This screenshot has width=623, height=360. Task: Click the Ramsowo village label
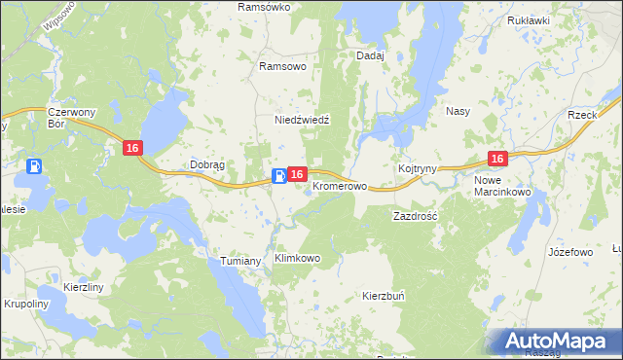click(x=282, y=67)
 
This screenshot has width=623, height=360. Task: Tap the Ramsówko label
click(x=266, y=7)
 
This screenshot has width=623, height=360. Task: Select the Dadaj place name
click(x=371, y=55)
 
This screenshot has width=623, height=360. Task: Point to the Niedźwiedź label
click(x=302, y=120)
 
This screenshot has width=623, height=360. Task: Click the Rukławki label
click(x=529, y=19)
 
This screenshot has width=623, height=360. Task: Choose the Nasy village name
click(x=458, y=111)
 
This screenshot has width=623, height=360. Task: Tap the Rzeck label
click(x=581, y=115)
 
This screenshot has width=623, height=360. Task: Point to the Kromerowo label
click(x=340, y=185)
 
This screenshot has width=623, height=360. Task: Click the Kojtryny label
click(x=418, y=169)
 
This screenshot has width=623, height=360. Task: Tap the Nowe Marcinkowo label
click(x=499, y=188)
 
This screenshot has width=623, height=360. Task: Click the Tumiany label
click(x=240, y=262)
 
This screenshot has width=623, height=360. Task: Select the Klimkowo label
click(x=298, y=259)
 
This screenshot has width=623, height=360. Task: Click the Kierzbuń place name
click(x=384, y=295)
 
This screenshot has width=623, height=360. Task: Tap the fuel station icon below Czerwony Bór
click(x=35, y=167)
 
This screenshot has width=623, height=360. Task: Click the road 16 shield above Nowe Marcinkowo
click(x=496, y=159)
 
